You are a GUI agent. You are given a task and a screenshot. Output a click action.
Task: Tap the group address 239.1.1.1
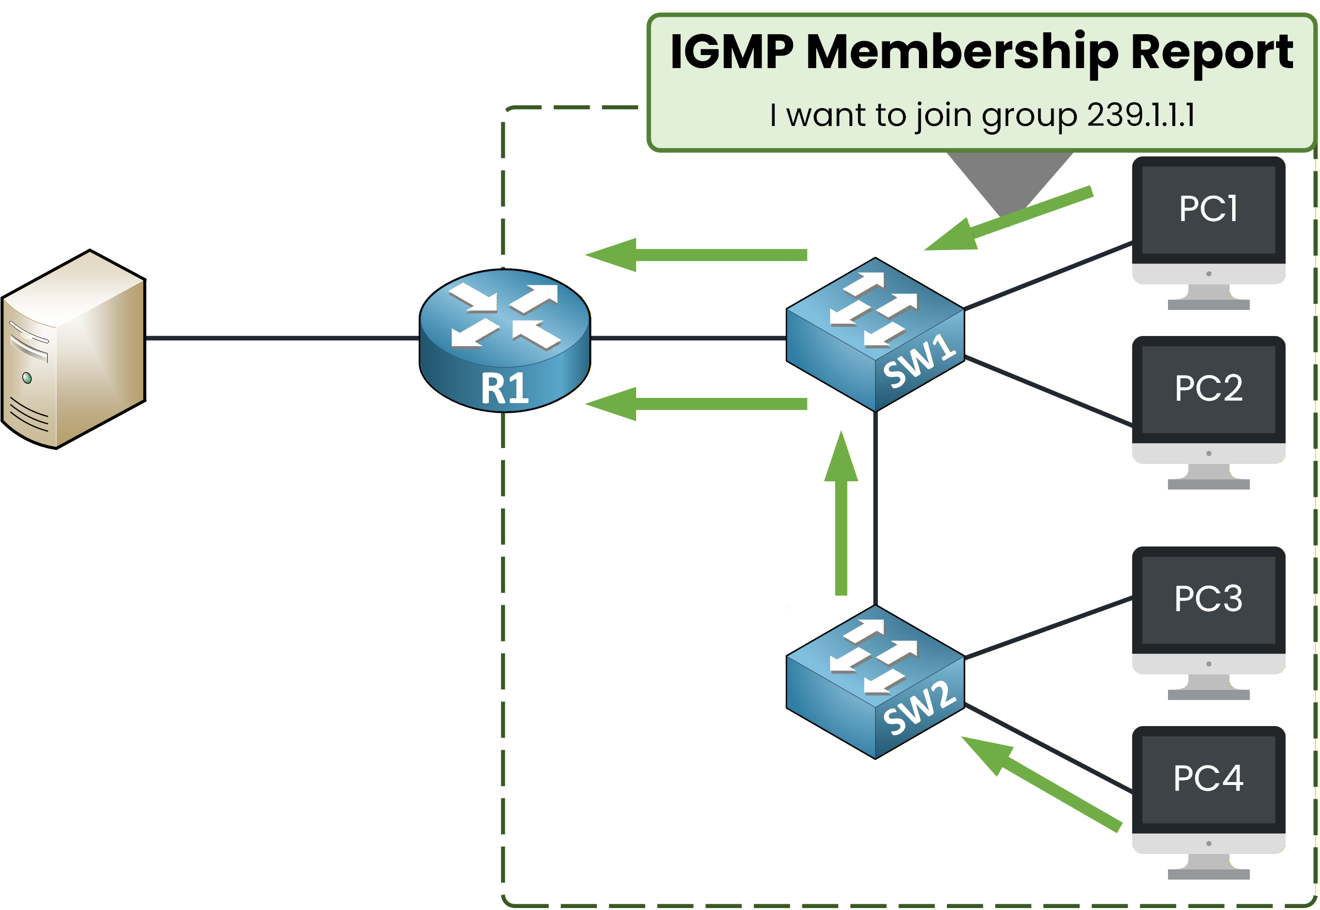[x=1140, y=115]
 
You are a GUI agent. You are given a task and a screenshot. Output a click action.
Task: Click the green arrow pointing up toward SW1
[x=841, y=513]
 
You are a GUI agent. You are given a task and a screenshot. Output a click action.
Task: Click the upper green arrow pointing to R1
[x=695, y=255]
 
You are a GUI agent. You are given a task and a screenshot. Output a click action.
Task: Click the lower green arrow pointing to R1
[x=695, y=404]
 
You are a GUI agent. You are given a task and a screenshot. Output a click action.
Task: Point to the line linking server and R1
[x=282, y=338]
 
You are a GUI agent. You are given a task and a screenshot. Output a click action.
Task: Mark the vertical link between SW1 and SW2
[x=875, y=507]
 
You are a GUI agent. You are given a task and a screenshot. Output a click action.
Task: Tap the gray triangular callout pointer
[x=1009, y=177]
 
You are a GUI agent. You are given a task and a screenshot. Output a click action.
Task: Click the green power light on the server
[x=27, y=378]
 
